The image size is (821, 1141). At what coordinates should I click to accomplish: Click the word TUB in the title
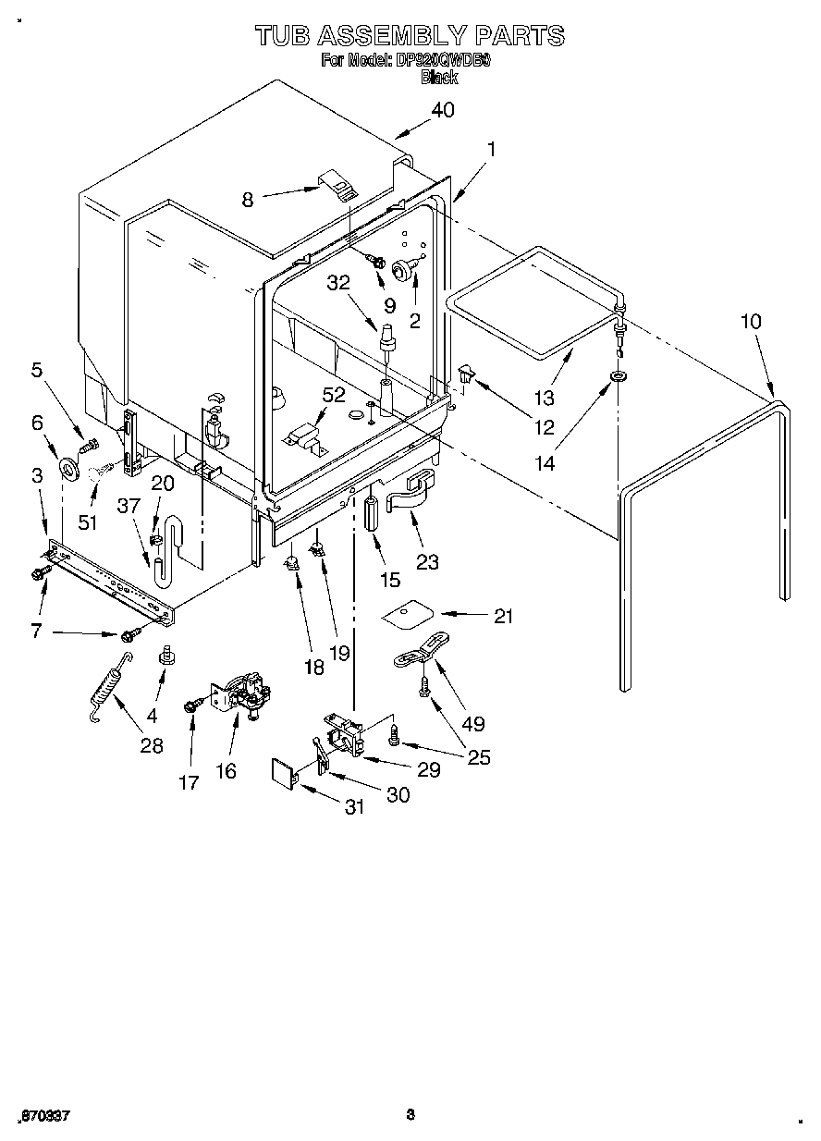(282, 36)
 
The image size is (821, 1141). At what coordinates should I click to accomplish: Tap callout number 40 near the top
(443, 110)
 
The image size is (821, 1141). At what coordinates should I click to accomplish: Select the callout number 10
(751, 321)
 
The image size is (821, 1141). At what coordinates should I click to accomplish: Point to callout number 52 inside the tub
(334, 395)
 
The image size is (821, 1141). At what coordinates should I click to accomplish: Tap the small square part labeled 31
(282, 770)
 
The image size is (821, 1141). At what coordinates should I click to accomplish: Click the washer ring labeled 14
(615, 376)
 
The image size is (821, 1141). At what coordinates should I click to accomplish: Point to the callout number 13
(545, 398)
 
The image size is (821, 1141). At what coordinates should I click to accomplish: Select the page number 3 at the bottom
(410, 1114)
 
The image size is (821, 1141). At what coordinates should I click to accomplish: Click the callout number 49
(472, 725)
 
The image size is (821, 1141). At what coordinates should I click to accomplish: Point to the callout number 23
(427, 561)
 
